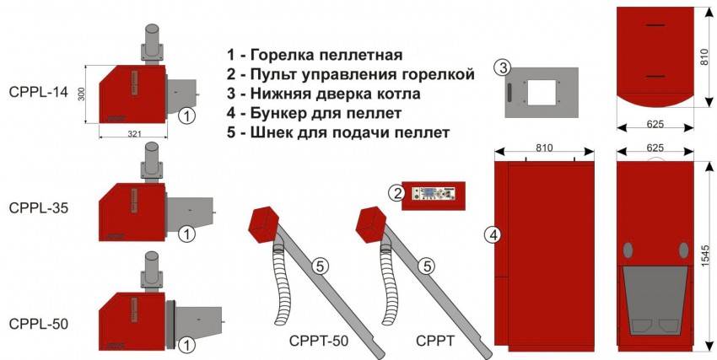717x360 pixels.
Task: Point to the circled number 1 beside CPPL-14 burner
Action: [188, 115]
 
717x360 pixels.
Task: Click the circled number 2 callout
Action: [395, 194]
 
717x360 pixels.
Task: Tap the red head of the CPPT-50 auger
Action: [264, 223]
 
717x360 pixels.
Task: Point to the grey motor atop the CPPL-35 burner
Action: [151, 158]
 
